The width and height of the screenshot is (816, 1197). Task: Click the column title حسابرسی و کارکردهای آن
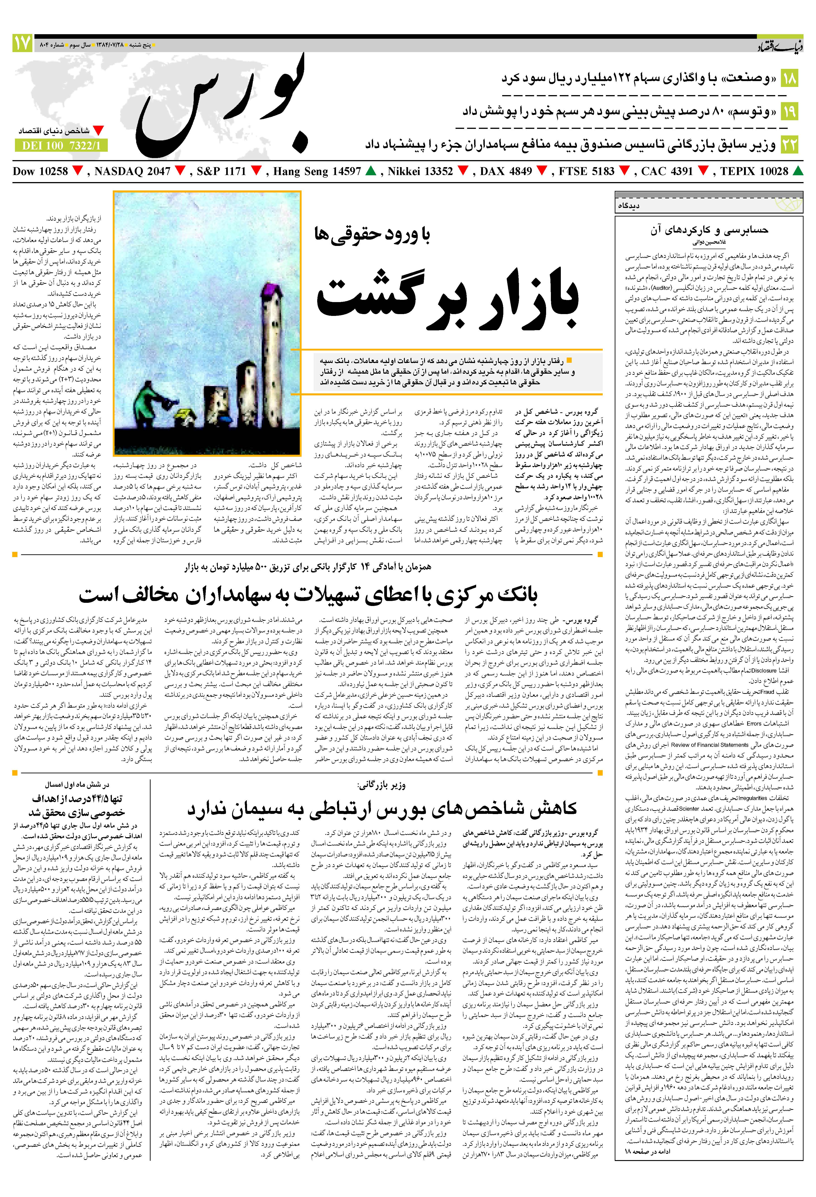(x=708, y=230)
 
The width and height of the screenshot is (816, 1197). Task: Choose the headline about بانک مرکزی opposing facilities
(x=308, y=595)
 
